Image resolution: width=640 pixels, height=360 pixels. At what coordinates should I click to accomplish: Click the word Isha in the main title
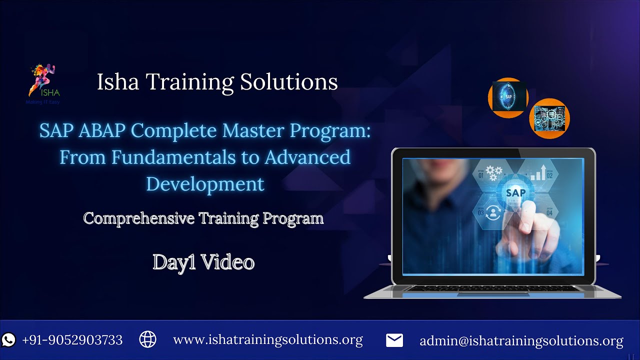(x=115, y=82)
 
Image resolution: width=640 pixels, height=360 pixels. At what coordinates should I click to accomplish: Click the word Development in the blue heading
(x=205, y=183)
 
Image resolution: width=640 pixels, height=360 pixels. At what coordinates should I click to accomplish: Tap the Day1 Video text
(x=203, y=262)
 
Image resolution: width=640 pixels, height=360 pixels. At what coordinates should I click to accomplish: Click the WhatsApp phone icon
(x=9, y=340)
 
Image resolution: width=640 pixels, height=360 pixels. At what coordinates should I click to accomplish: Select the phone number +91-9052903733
(x=72, y=340)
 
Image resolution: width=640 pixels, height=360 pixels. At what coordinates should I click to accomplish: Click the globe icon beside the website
(x=147, y=339)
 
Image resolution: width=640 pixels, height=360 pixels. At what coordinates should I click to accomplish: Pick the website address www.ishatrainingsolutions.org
(x=267, y=340)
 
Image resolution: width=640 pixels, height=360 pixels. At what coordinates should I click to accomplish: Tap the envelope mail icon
(x=394, y=340)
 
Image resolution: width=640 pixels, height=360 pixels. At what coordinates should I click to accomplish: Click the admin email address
(x=521, y=341)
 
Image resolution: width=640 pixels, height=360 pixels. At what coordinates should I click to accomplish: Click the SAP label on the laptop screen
(x=515, y=192)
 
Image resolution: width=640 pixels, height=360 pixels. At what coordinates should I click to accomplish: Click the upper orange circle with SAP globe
(x=508, y=97)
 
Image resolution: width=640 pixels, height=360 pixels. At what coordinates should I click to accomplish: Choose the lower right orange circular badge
(x=549, y=118)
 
